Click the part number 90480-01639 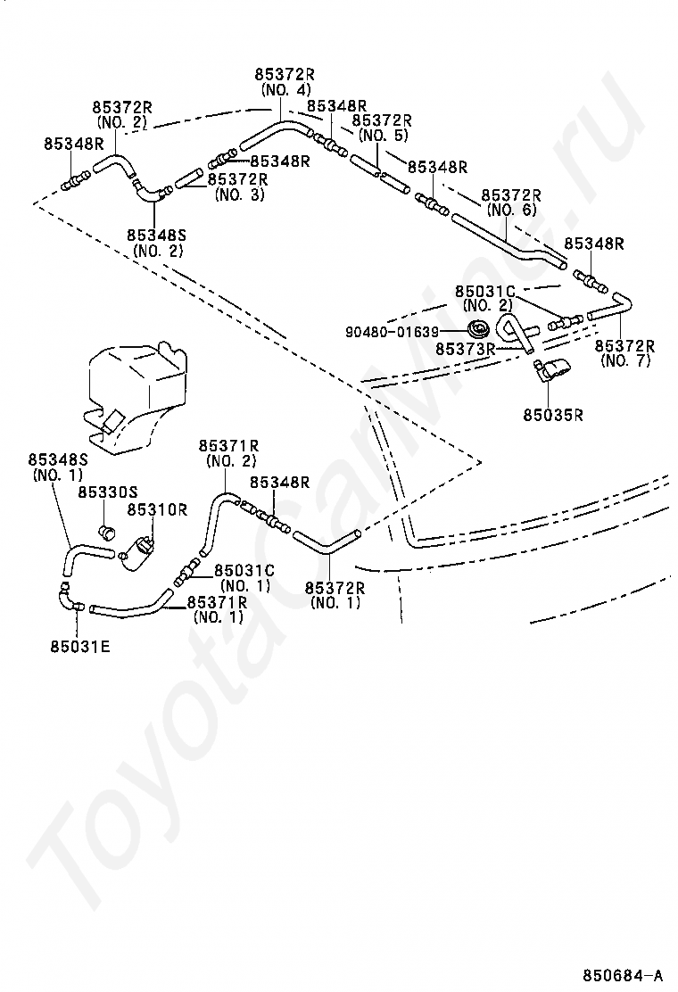pos(392,332)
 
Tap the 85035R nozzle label pos(553,415)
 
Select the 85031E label pos(80,647)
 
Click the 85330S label pos(108,492)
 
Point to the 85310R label pos(158,509)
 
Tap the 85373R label pos(465,349)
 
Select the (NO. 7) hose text pos(624,361)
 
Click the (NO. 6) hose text pos(512,210)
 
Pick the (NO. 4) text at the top pos(286,89)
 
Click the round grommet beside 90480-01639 pos(479,332)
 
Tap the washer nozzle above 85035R pos(551,369)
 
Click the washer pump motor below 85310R pos(138,551)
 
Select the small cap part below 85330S pos(108,530)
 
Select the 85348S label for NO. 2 pos(158,243)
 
